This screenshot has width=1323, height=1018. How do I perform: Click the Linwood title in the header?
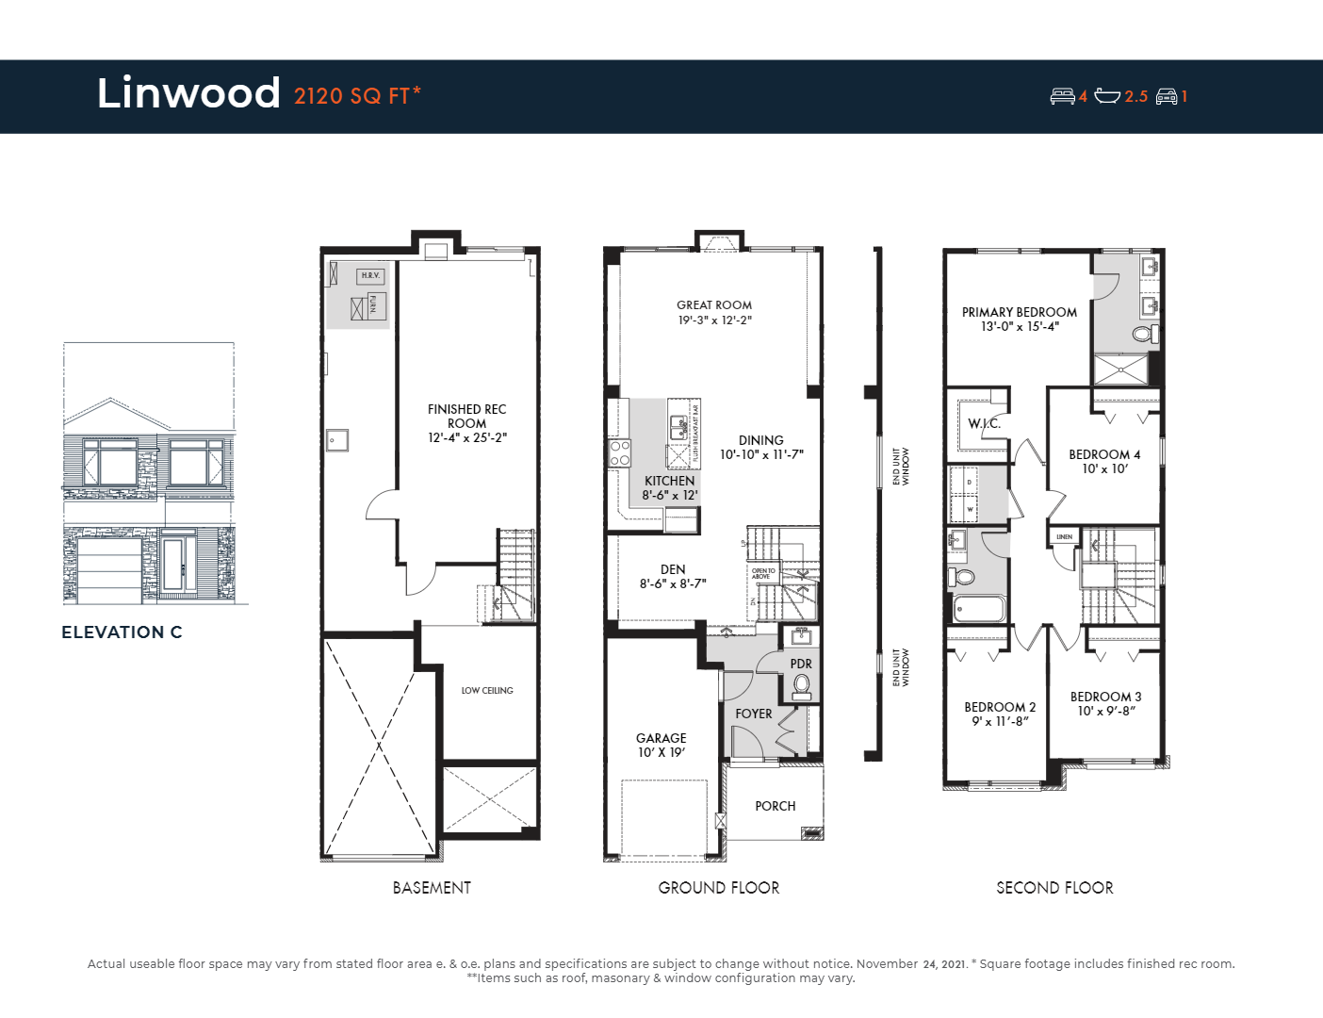(188, 93)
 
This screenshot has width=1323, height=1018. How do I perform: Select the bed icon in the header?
(1062, 96)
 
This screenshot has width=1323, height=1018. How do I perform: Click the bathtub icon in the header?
(1107, 96)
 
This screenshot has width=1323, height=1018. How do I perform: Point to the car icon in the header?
(1167, 96)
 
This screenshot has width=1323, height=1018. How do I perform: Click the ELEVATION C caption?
(122, 632)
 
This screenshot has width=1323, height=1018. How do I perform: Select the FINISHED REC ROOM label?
(466, 416)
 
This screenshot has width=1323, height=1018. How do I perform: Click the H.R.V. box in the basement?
(370, 275)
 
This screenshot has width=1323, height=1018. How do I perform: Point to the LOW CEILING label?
(487, 691)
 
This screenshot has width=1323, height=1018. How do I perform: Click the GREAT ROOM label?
(714, 305)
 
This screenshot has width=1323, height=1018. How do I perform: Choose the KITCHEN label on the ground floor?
(669, 481)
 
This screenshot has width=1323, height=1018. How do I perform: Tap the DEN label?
(673, 569)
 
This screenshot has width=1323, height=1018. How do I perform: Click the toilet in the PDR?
(801, 685)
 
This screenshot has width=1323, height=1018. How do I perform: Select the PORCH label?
(775, 806)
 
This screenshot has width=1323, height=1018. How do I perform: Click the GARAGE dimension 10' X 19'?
(661, 752)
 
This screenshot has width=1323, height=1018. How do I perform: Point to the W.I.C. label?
(984, 423)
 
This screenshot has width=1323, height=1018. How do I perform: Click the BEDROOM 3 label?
(1105, 697)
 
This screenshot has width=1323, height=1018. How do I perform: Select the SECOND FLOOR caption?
(1054, 888)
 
